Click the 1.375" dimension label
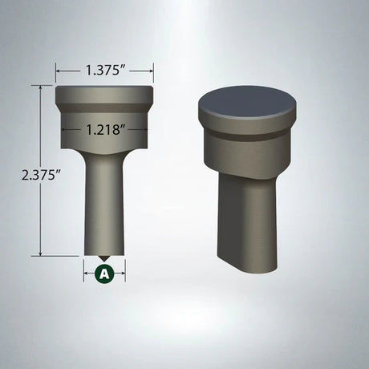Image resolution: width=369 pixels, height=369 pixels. tap(104, 71)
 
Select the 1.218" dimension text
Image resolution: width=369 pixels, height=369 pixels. tap(104, 129)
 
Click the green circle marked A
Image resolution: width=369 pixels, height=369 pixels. tap(104, 274)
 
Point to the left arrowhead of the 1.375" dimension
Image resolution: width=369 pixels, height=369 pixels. tap(58, 71)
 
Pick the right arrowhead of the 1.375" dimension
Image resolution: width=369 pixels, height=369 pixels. tap(152, 71)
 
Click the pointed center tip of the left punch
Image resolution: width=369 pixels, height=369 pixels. tap(104, 258)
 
